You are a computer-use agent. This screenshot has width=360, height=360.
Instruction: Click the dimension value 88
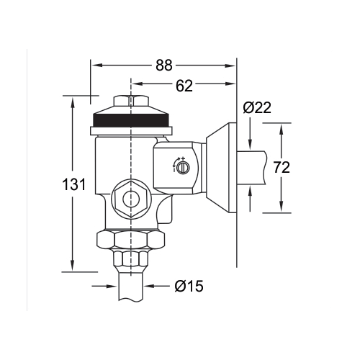[164, 65]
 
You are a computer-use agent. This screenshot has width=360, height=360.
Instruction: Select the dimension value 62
[184, 87]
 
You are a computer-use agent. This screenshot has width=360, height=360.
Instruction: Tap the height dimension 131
[74, 184]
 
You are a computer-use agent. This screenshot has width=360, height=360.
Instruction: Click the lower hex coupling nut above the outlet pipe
[130, 259]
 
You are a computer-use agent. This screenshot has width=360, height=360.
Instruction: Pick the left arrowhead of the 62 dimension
[134, 87]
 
